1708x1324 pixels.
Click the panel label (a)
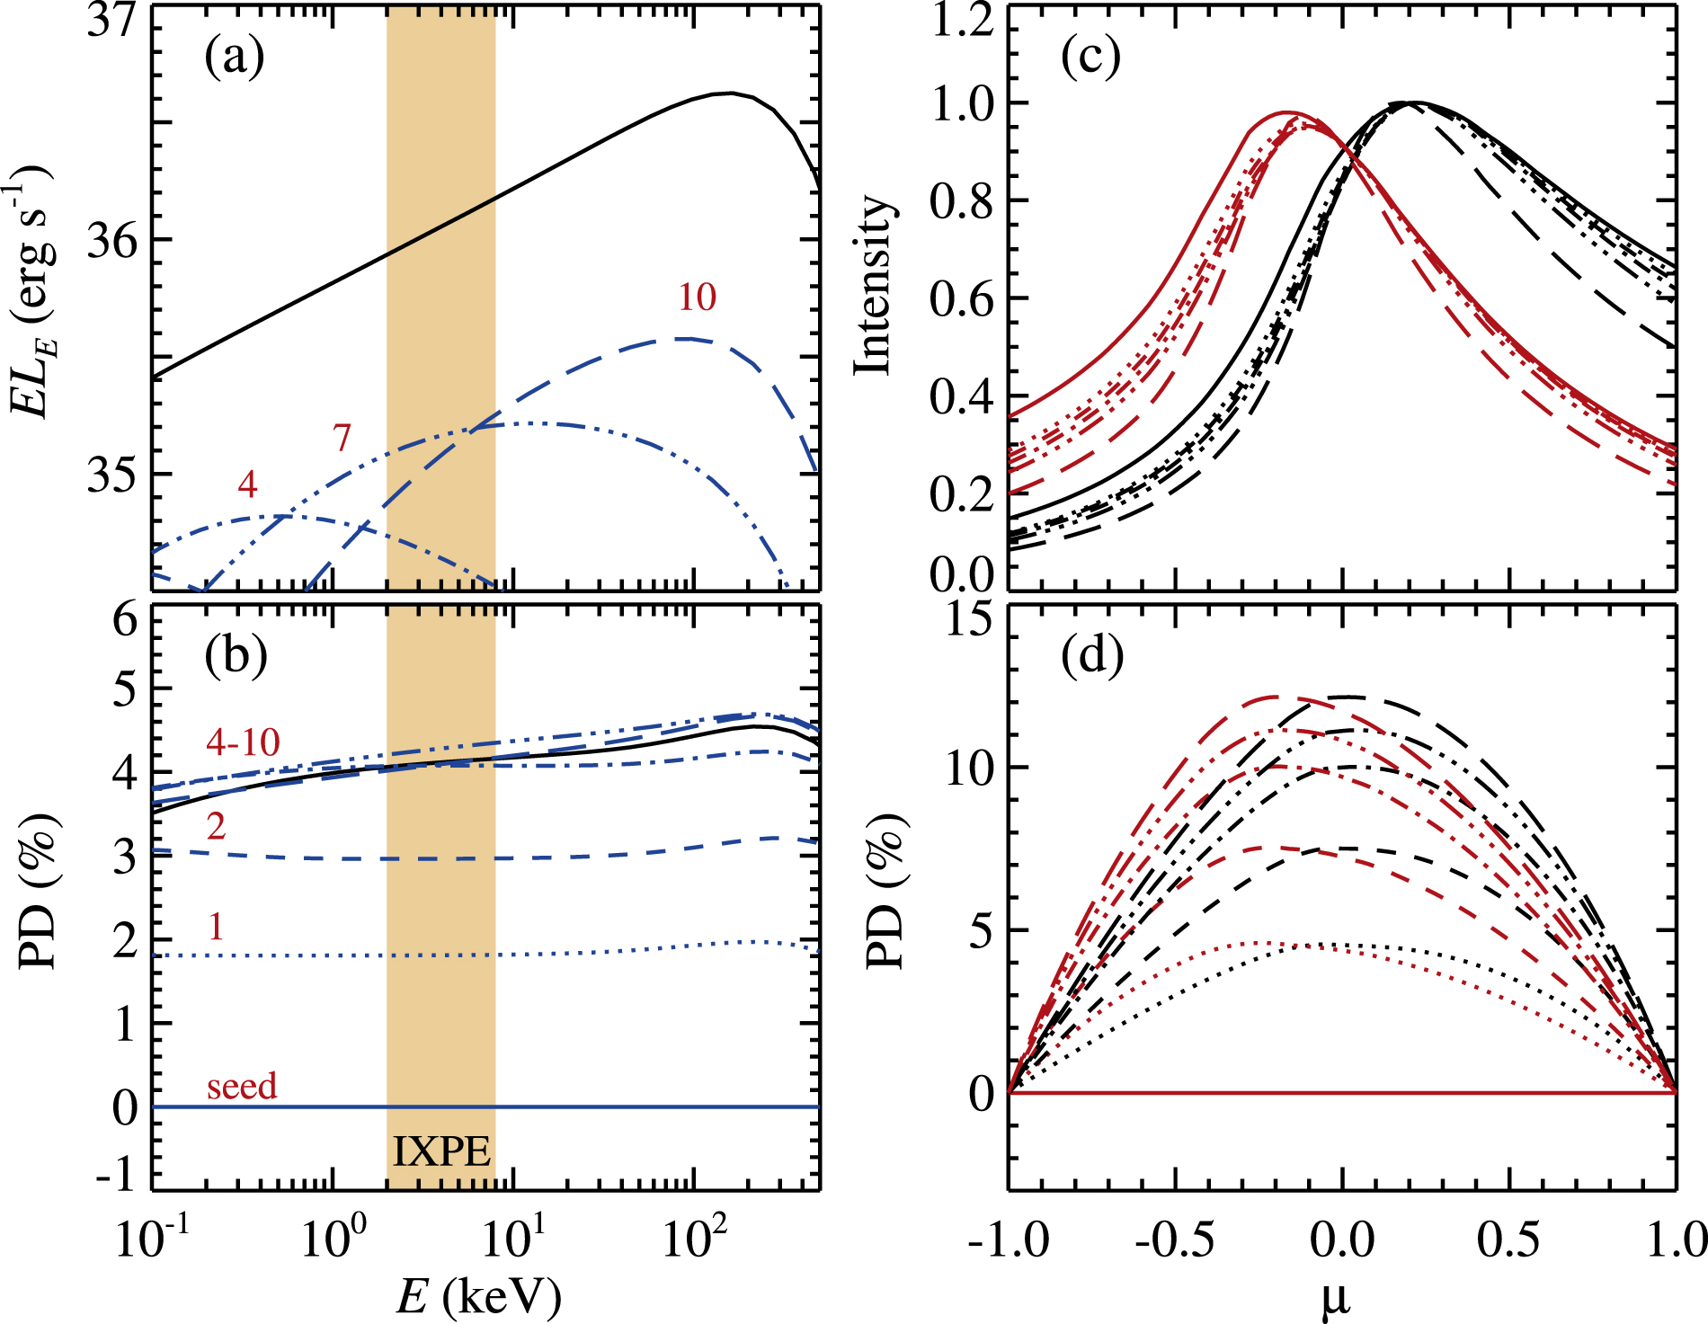[x=235, y=58]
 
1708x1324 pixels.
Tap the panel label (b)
[x=236, y=656]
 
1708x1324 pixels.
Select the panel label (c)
[x=1090, y=58]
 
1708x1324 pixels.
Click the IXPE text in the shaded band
[x=441, y=1151]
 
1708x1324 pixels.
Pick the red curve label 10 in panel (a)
[x=697, y=298]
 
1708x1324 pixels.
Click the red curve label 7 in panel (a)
[x=342, y=438]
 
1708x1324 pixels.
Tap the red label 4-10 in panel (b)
[x=243, y=742]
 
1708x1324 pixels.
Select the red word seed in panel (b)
[x=242, y=1086]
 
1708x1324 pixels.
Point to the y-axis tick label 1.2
[x=962, y=20]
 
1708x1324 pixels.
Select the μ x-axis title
[x=1337, y=1300]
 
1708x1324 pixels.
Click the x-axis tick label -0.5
[x=1174, y=1240]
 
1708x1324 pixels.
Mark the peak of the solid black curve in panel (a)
[x=732, y=93]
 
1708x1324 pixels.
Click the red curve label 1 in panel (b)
[x=216, y=927]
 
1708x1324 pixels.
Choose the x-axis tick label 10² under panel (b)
[x=693, y=1238]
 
